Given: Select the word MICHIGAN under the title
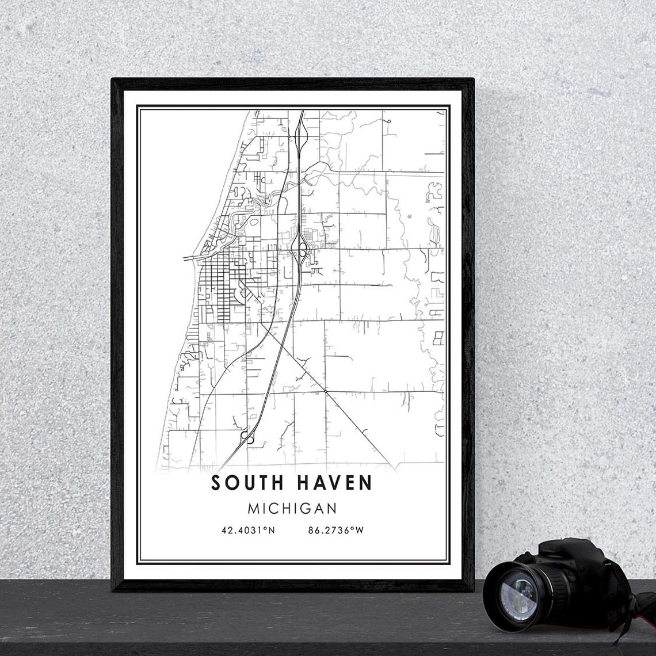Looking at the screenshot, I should [x=291, y=509].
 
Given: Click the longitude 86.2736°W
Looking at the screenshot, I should [x=336, y=530].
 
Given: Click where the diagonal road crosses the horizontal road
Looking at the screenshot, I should [x=326, y=392].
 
